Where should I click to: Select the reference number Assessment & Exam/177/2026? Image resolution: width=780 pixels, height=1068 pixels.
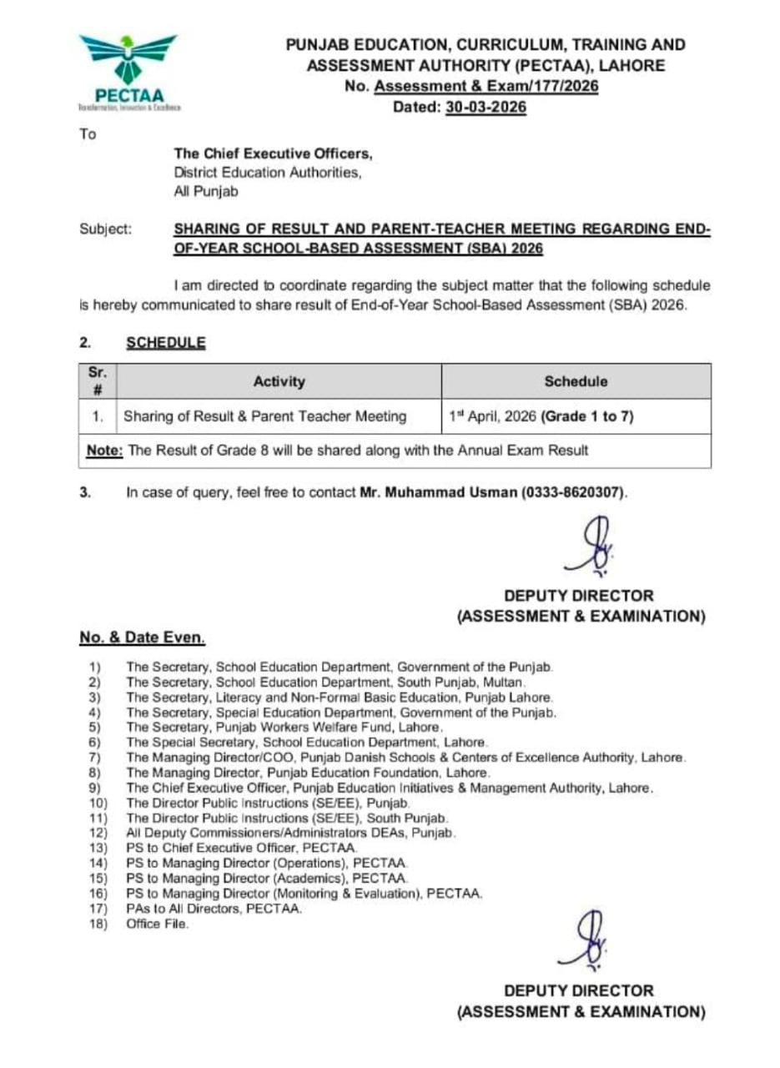click(x=486, y=87)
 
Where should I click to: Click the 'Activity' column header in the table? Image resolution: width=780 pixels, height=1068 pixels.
click(x=279, y=381)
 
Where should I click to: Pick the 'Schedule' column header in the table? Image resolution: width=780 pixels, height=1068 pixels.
click(x=576, y=381)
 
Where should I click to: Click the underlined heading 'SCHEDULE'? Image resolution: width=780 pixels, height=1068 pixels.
click(x=165, y=342)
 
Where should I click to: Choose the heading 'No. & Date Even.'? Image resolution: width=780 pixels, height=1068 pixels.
click(x=141, y=637)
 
